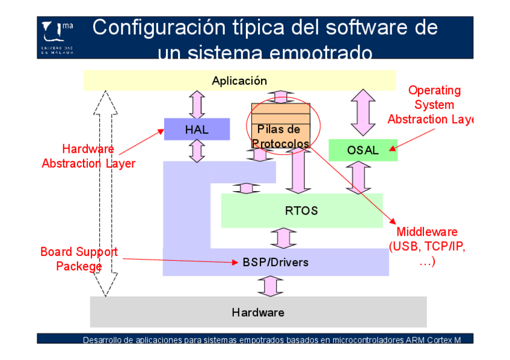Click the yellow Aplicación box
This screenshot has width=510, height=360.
point(239,81)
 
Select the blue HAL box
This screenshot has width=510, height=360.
point(197,129)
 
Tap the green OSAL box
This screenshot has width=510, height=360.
point(363,150)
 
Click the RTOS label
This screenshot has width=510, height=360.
point(301,211)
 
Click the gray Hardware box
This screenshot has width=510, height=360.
point(258,312)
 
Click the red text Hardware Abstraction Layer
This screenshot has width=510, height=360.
point(88,156)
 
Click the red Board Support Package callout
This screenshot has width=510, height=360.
point(79,258)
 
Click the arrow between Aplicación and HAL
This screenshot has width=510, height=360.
point(197,105)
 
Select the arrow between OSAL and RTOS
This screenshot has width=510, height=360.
point(359,177)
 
